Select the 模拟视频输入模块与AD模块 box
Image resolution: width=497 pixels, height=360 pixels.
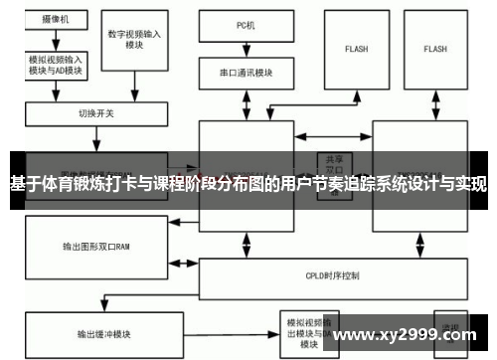click(55, 64)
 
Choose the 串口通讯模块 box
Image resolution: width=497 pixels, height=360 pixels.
click(246, 72)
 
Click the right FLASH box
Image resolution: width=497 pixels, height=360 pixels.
click(435, 48)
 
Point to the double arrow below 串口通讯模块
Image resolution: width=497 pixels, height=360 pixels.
click(246, 103)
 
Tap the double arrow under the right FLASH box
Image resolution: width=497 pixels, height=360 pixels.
click(435, 103)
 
